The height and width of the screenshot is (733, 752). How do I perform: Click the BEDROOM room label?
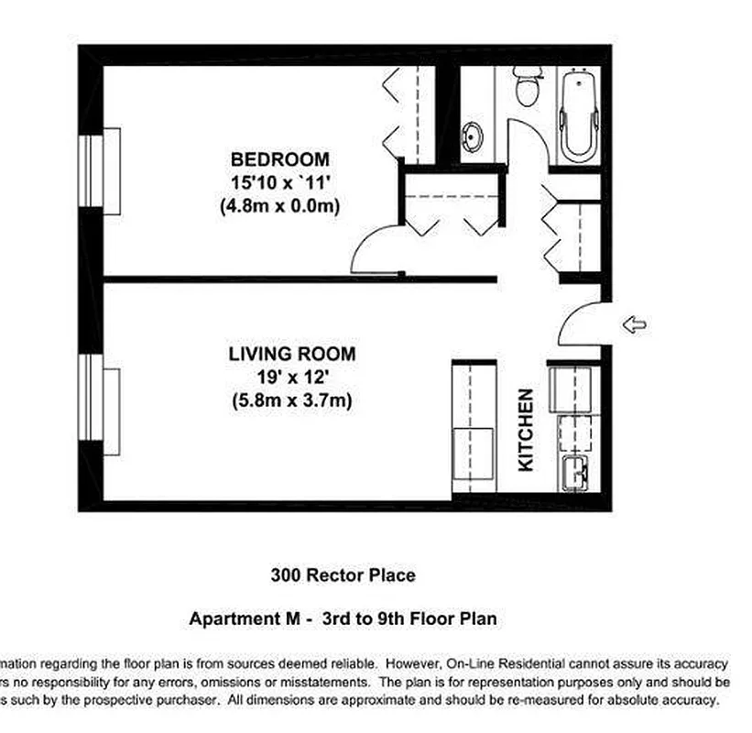click(279, 159)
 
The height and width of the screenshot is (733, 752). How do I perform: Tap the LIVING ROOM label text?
click(291, 354)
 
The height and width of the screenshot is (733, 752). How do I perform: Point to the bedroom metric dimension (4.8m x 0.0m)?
click(279, 206)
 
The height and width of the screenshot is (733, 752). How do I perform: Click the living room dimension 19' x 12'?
click(291, 377)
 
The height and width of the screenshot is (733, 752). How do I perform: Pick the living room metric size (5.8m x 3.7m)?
click(291, 400)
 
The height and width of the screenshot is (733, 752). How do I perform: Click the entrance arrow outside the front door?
click(633, 323)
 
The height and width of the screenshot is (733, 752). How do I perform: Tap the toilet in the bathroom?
click(528, 88)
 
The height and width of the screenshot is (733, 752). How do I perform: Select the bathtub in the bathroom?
click(576, 117)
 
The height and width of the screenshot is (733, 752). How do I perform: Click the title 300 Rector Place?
click(343, 575)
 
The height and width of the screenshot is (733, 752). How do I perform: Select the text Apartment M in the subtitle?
click(245, 618)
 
